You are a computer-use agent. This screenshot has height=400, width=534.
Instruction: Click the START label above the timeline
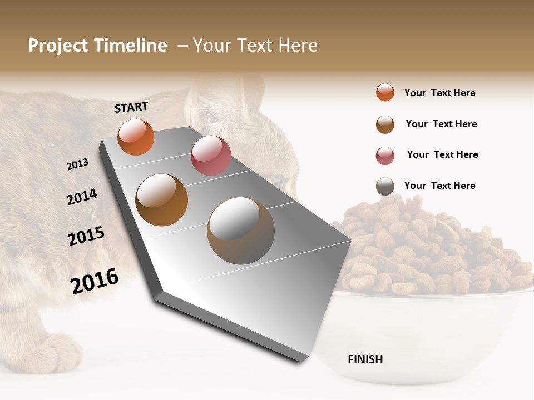tap(131, 107)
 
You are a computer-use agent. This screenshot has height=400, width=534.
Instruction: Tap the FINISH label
tap(365, 359)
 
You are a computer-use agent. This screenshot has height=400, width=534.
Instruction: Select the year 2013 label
tap(78, 164)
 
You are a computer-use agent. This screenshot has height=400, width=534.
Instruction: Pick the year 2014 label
tap(82, 197)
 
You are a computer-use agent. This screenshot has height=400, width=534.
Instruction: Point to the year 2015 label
tap(86, 236)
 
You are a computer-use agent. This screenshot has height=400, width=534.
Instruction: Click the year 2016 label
tap(95, 281)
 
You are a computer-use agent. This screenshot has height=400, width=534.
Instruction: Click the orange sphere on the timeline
tap(136, 137)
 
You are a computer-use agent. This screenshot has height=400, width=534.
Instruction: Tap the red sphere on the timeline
tap(211, 156)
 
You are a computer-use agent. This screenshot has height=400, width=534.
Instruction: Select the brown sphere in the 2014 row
tap(162, 200)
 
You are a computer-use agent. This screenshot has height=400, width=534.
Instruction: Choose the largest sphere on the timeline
tap(241, 231)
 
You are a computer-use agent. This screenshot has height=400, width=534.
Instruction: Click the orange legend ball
tap(385, 93)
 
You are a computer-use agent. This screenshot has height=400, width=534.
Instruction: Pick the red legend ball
tap(385, 156)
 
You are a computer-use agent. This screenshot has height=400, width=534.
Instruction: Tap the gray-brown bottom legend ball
tap(385, 186)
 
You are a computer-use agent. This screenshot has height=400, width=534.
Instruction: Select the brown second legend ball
tap(385, 124)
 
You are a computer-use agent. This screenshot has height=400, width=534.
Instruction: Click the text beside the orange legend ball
tap(440, 93)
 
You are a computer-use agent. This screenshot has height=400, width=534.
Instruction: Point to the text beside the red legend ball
tap(443, 154)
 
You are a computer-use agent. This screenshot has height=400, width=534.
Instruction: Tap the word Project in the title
tap(58, 46)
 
